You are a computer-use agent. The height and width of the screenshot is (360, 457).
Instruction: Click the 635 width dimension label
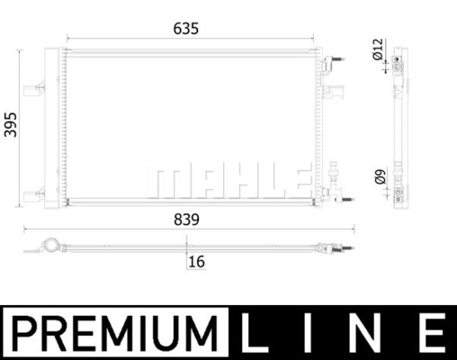coord(186,29)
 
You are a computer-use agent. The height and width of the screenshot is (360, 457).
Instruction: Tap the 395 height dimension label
coord(11,125)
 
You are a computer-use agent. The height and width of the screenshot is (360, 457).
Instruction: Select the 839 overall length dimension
coord(186,220)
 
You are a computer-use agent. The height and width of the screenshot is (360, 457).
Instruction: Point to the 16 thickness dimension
coord(197,262)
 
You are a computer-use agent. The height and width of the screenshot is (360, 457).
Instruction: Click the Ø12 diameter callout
coord(378,49)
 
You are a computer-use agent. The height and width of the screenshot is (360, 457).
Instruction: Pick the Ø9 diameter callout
coord(380,176)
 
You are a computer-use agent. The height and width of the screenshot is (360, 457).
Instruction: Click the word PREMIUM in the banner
coord(115,333)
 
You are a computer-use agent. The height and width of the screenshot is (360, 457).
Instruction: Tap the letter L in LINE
coord(255,333)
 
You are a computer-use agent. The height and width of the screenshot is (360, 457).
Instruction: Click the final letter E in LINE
coord(433,333)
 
